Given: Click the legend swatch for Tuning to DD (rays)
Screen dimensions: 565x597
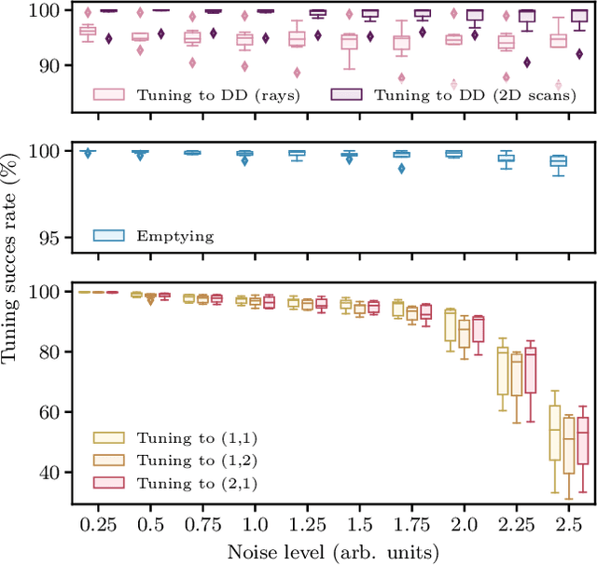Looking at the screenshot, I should pyautogui.click(x=109, y=94).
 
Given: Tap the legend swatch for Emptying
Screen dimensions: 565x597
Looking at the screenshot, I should pyautogui.click(x=109, y=236).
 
